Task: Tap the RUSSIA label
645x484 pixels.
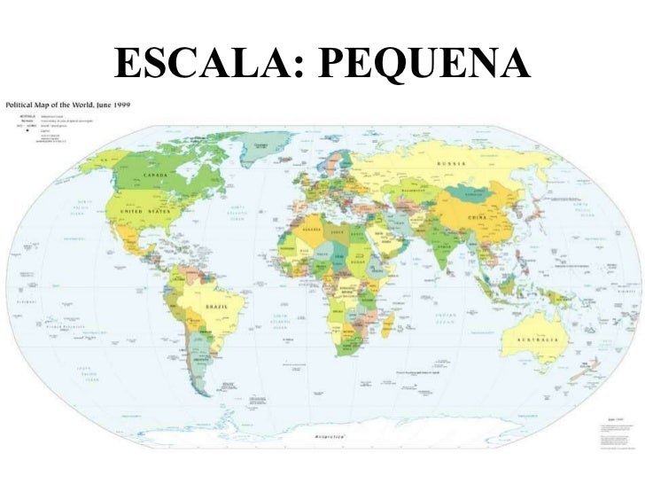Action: (x=453, y=163)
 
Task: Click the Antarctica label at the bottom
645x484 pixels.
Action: (x=330, y=437)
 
